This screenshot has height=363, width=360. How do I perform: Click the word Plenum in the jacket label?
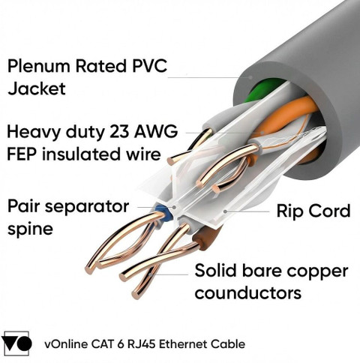click(x=39, y=66)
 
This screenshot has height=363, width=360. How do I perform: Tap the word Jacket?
click(x=37, y=88)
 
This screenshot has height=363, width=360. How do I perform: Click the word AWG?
click(x=156, y=132)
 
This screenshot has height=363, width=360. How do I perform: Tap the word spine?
click(x=30, y=229)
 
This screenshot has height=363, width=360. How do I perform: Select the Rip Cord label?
click(x=313, y=211)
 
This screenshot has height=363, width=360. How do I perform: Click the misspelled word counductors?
click(x=247, y=292)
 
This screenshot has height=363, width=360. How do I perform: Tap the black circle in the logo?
click(x=24, y=343)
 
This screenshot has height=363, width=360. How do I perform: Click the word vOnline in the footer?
click(x=66, y=344)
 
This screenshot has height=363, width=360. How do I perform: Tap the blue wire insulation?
click(x=164, y=213)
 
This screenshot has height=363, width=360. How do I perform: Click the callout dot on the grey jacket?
click(x=251, y=77)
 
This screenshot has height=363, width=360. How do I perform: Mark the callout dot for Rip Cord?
click(x=225, y=211)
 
